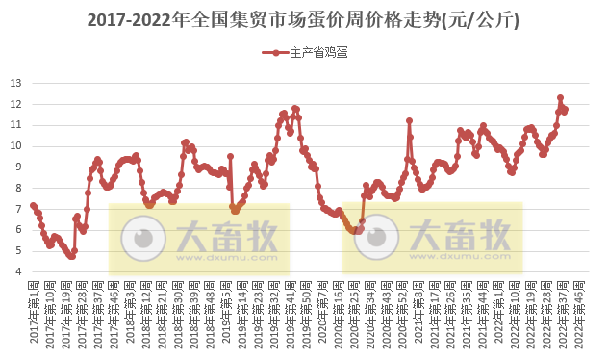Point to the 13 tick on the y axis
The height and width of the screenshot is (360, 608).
coord(16,83)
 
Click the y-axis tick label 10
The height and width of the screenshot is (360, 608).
coord(16,146)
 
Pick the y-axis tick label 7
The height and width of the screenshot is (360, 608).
coord(16,209)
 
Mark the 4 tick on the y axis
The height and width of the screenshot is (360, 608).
coord(16,272)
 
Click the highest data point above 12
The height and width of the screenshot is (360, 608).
coord(560,97)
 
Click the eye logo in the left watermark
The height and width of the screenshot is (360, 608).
coord(148,236)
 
